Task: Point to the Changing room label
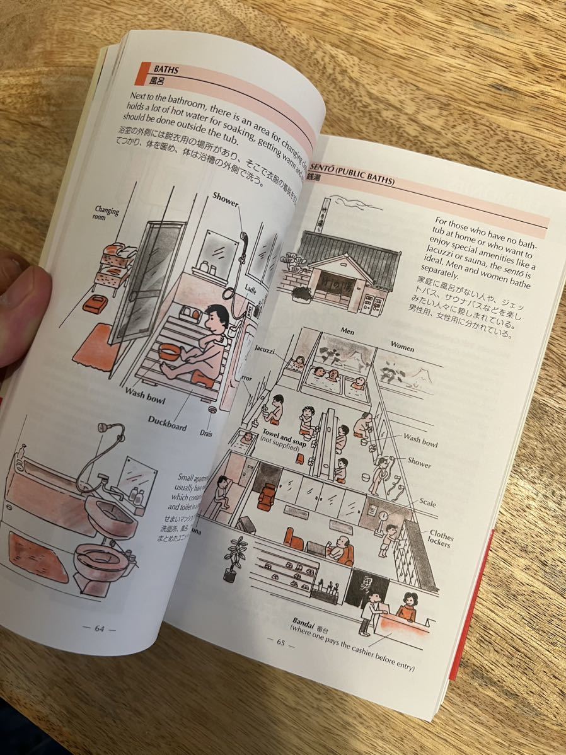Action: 107,211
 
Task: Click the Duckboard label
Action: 168,422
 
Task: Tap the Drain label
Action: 207,433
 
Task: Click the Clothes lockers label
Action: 441,538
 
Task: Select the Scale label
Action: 429,503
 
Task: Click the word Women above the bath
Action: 402,346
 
